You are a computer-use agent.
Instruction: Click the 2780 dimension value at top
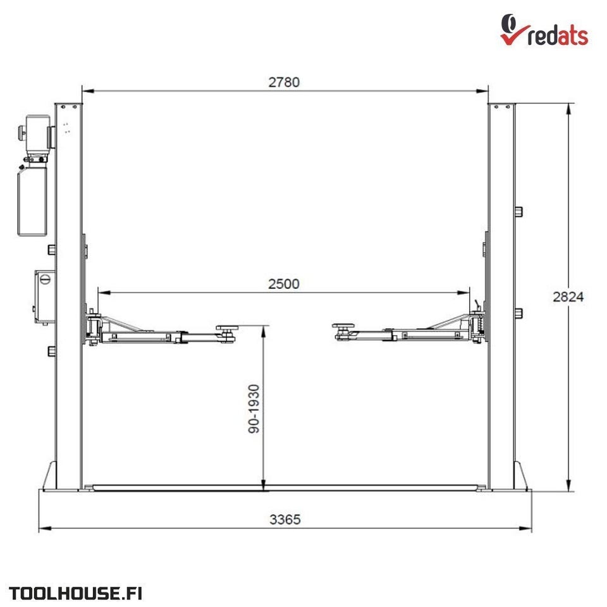click(284, 82)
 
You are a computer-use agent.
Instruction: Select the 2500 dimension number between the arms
click(284, 284)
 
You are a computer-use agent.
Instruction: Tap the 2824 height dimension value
click(568, 297)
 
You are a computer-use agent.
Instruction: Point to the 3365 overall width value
click(285, 519)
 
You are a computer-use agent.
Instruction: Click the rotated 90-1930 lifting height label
click(254, 409)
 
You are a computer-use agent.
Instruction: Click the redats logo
click(544, 30)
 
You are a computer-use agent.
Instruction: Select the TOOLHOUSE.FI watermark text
click(75, 594)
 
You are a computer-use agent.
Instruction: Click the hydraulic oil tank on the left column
click(32, 201)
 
